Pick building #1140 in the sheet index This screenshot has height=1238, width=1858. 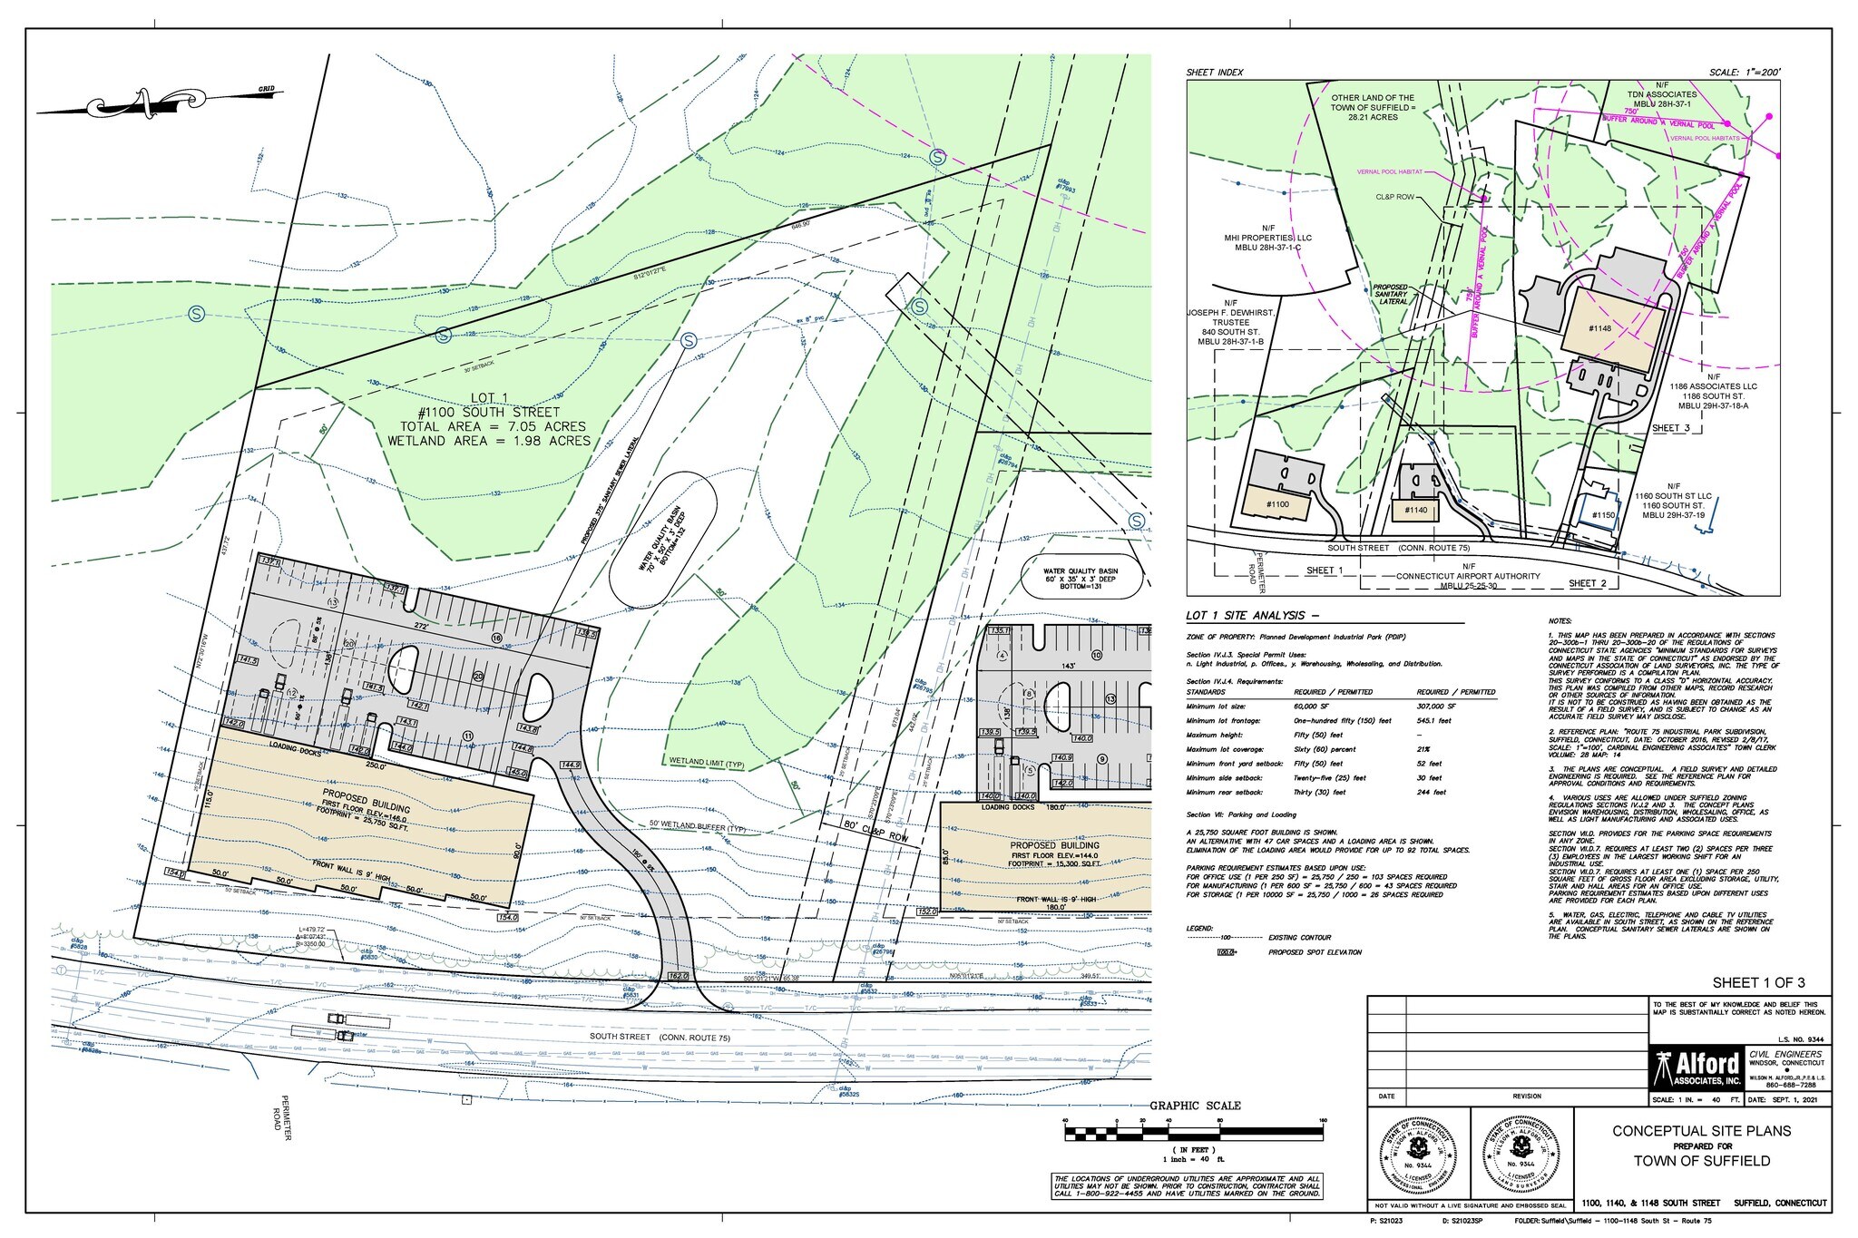coord(1415,511)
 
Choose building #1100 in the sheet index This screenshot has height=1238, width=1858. coord(1276,503)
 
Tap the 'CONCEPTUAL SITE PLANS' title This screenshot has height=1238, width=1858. coord(1701,1131)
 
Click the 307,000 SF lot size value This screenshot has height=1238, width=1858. coord(1437,706)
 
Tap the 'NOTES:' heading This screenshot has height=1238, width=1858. coord(1560,621)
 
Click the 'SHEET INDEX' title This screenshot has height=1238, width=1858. coord(1214,72)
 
